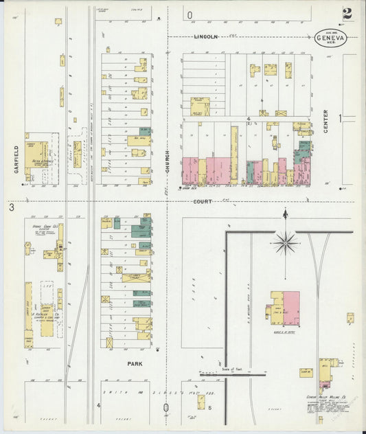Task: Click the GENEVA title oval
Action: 331,38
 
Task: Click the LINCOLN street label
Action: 205,36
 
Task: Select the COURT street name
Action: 202,201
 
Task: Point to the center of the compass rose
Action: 284,241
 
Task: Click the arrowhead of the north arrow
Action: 284,214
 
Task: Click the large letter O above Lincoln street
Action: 189,14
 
